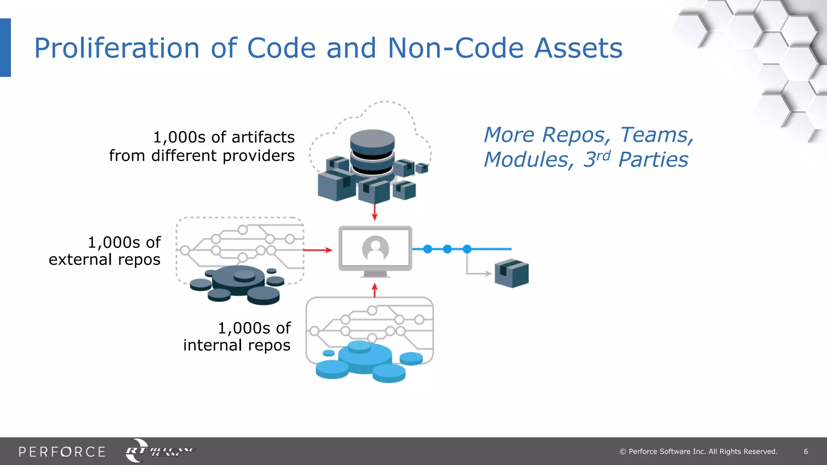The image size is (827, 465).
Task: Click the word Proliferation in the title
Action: coord(117,48)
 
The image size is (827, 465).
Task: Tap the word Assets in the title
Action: coord(578,48)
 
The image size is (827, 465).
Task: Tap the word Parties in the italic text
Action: coord(653,160)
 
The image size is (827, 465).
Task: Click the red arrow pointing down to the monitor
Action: coord(375,212)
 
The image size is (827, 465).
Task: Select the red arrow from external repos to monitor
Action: coord(317,250)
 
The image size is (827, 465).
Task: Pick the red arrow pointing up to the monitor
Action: coord(375,290)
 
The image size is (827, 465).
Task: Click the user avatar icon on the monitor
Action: coord(376,248)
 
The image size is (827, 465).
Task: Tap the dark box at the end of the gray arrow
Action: coord(512,273)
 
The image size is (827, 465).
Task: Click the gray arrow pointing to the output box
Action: coord(479,273)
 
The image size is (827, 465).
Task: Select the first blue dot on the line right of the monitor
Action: coord(428,249)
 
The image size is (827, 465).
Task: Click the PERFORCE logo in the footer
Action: coord(62,452)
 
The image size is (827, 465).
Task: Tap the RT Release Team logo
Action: coord(160,451)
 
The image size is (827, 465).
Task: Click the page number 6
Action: coord(806,452)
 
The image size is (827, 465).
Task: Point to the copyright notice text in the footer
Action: coord(699,452)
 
